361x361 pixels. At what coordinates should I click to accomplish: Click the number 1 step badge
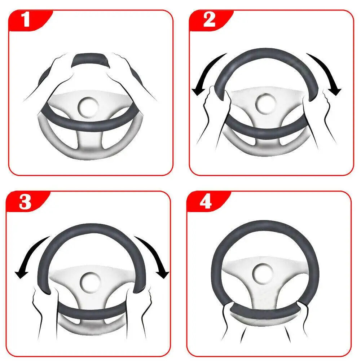click(x=26, y=20)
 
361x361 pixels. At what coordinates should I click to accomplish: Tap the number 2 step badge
click(x=209, y=20)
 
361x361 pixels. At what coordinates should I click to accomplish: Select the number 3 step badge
click(x=25, y=202)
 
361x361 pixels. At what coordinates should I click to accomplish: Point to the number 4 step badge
click(x=206, y=202)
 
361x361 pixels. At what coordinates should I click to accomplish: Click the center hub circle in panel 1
click(x=88, y=106)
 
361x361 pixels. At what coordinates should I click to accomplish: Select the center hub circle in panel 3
click(x=88, y=281)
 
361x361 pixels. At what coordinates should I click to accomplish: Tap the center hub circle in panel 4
click(x=262, y=273)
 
